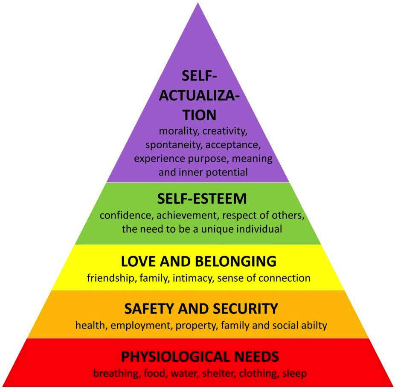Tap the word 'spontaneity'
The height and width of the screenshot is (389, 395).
click(174, 144)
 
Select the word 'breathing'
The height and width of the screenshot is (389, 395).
click(114, 374)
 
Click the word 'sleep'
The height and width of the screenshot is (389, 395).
click(294, 374)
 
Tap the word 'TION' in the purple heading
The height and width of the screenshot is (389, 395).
click(197, 115)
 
